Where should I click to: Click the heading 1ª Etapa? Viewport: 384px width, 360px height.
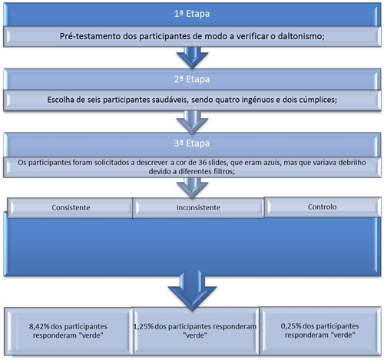click(x=192, y=14)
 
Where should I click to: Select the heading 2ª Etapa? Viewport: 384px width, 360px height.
click(x=192, y=79)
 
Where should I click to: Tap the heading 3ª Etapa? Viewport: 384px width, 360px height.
click(x=192, y=144)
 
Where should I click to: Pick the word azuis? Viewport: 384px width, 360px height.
click(x=272, y=163)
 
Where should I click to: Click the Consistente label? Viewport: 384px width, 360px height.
click(x=71, y=207)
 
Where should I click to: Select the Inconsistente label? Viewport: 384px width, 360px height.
click(x=198, y=207)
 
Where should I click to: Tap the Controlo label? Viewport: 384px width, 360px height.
click(x=322, y=206)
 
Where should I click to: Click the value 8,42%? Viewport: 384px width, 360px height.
click(x=39, y=326)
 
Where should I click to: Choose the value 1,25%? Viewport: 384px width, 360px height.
click(x=144, y=326)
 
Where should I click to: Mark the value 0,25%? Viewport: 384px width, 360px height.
click(x=291, y=326)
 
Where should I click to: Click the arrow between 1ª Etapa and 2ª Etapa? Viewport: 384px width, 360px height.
click(x=192, y=58)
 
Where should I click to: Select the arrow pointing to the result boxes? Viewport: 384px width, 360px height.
click(x=192, y=291)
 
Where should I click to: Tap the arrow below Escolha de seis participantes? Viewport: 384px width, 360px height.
click(x=192, y=122)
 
